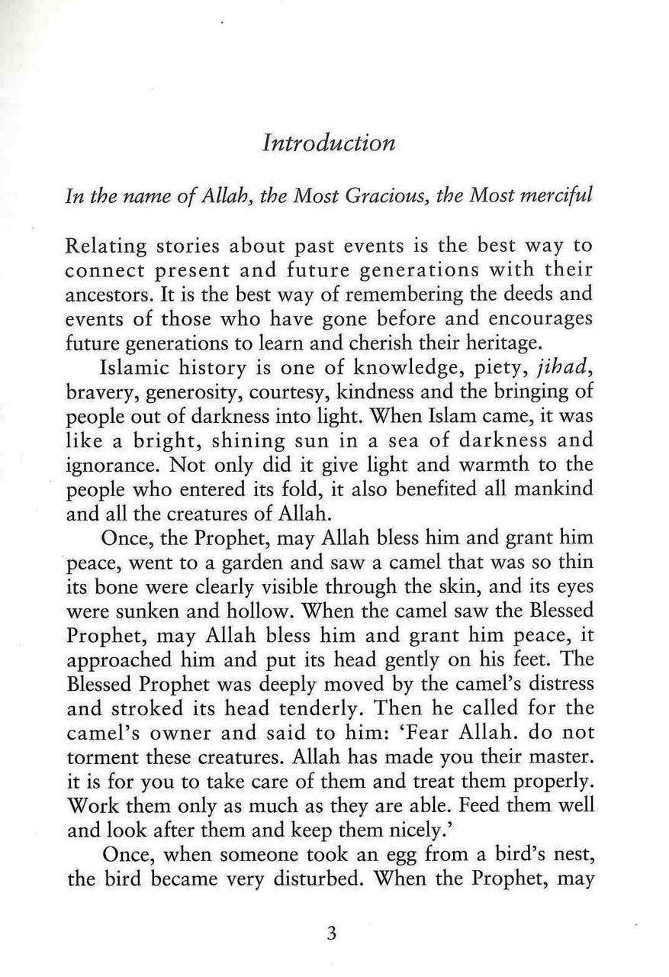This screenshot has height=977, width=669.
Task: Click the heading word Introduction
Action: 329,143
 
